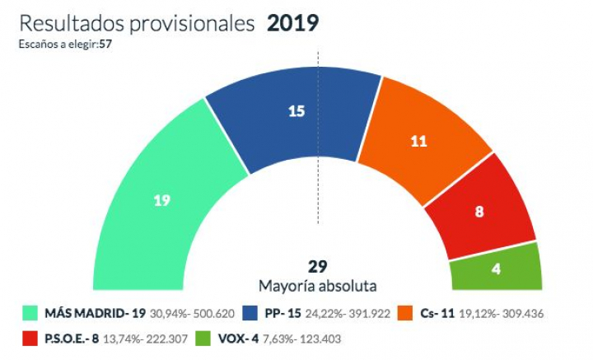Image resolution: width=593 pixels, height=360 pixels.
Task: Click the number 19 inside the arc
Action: point(162,200)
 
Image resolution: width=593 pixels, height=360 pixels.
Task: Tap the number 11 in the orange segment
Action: point(418,140)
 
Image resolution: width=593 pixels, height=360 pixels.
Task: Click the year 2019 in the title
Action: point(292,24)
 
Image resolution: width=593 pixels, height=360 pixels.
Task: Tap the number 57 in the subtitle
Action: point(105,44)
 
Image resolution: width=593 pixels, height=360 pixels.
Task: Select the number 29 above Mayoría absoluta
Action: point(318,267)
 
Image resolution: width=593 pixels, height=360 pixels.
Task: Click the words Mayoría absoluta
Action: point(318,286)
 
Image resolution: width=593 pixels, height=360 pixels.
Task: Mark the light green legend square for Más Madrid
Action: point(31,313)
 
